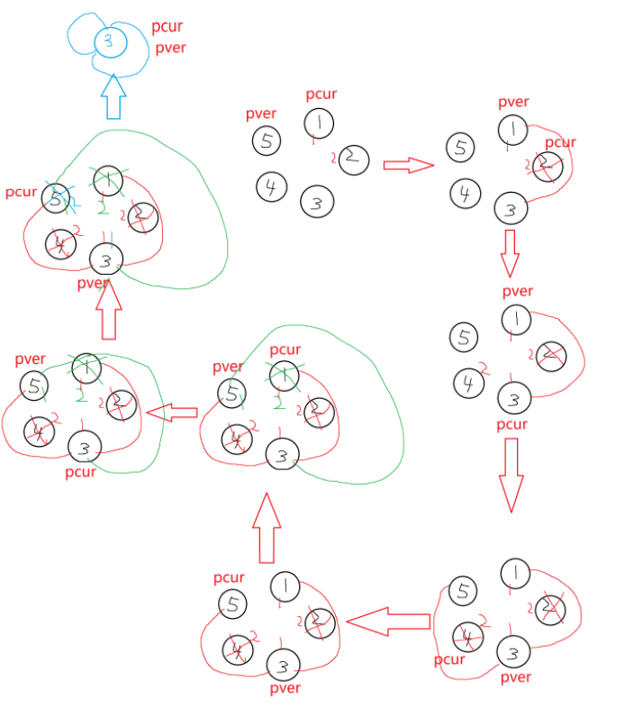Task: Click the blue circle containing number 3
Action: click(x=107, y=40)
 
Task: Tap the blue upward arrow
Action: click(x=113, y=96)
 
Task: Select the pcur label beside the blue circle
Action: click(x=167, y=27)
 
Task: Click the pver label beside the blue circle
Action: click(x=170, y=48)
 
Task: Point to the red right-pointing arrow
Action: click(x=408, y=165)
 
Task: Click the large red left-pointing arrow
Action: click(x=387, y=621)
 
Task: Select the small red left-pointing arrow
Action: click(x=171, y=413)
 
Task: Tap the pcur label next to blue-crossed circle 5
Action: click(x=20, y=192)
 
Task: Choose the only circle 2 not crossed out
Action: click(x=354, y=159)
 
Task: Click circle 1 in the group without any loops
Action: click(x=318, y=123)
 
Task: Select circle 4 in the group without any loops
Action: click(x=269, y=186)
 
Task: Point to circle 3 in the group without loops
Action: click(x=315, y=203)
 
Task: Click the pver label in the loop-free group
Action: click(x=260, y=114)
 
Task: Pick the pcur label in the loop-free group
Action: click(x=321, y=94)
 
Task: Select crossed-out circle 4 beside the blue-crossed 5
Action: click(x=60, y=243)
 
